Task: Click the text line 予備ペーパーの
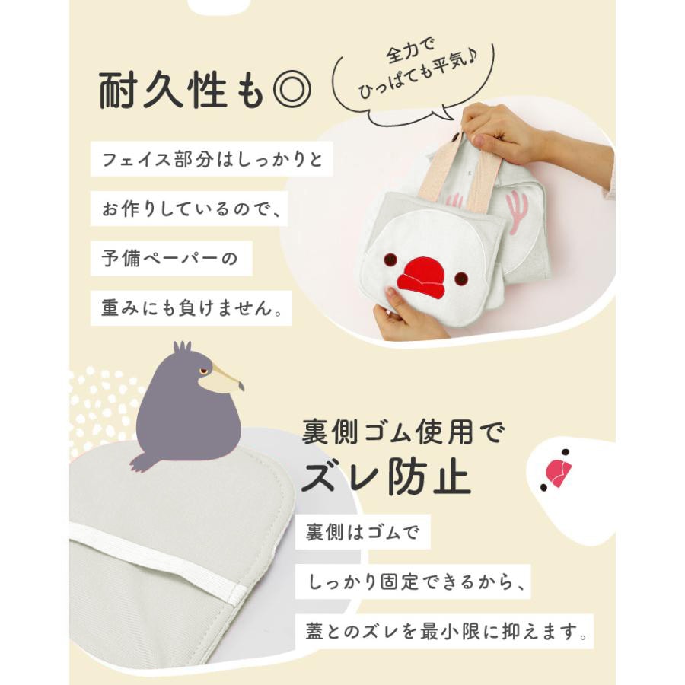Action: pos(169,259)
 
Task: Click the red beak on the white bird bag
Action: pos(420,278)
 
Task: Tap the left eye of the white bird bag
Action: pos(390,259)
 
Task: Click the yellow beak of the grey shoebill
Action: pos(223,378)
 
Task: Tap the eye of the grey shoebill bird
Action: pos(203,371)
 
